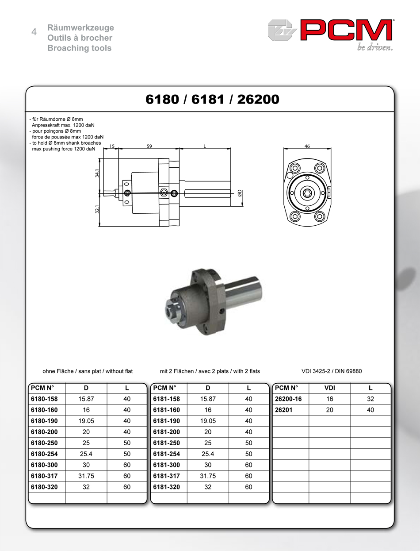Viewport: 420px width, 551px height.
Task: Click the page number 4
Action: (x=34, y=32)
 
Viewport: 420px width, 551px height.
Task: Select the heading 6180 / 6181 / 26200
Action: (x=212, y=100)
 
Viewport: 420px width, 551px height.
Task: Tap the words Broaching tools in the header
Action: (x=80, y=48)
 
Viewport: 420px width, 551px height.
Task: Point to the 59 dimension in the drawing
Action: (x=149, y=146)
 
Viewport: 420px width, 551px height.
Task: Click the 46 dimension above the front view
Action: (x=307, y=146)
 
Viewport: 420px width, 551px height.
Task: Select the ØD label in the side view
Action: (x=240, y=193)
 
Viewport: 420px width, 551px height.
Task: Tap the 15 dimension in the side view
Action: (x=112, y=146)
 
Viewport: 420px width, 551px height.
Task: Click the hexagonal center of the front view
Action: (x=307, y=193)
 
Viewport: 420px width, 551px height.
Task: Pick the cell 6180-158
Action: (x=44, y=399)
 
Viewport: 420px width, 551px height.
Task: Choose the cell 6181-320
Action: (x=167, y=487)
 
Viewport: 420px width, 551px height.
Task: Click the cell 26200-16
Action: (x=288, y=399)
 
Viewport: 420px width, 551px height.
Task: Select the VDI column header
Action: (x=329, y=388)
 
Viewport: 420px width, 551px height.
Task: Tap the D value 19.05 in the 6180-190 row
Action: (x=86, y=421)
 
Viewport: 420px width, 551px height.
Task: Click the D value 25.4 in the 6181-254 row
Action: (x=208, y=454)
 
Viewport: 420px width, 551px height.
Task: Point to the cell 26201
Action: (x=284, y=410)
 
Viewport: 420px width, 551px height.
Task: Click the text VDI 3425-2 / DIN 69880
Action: (x=332, y=371)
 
